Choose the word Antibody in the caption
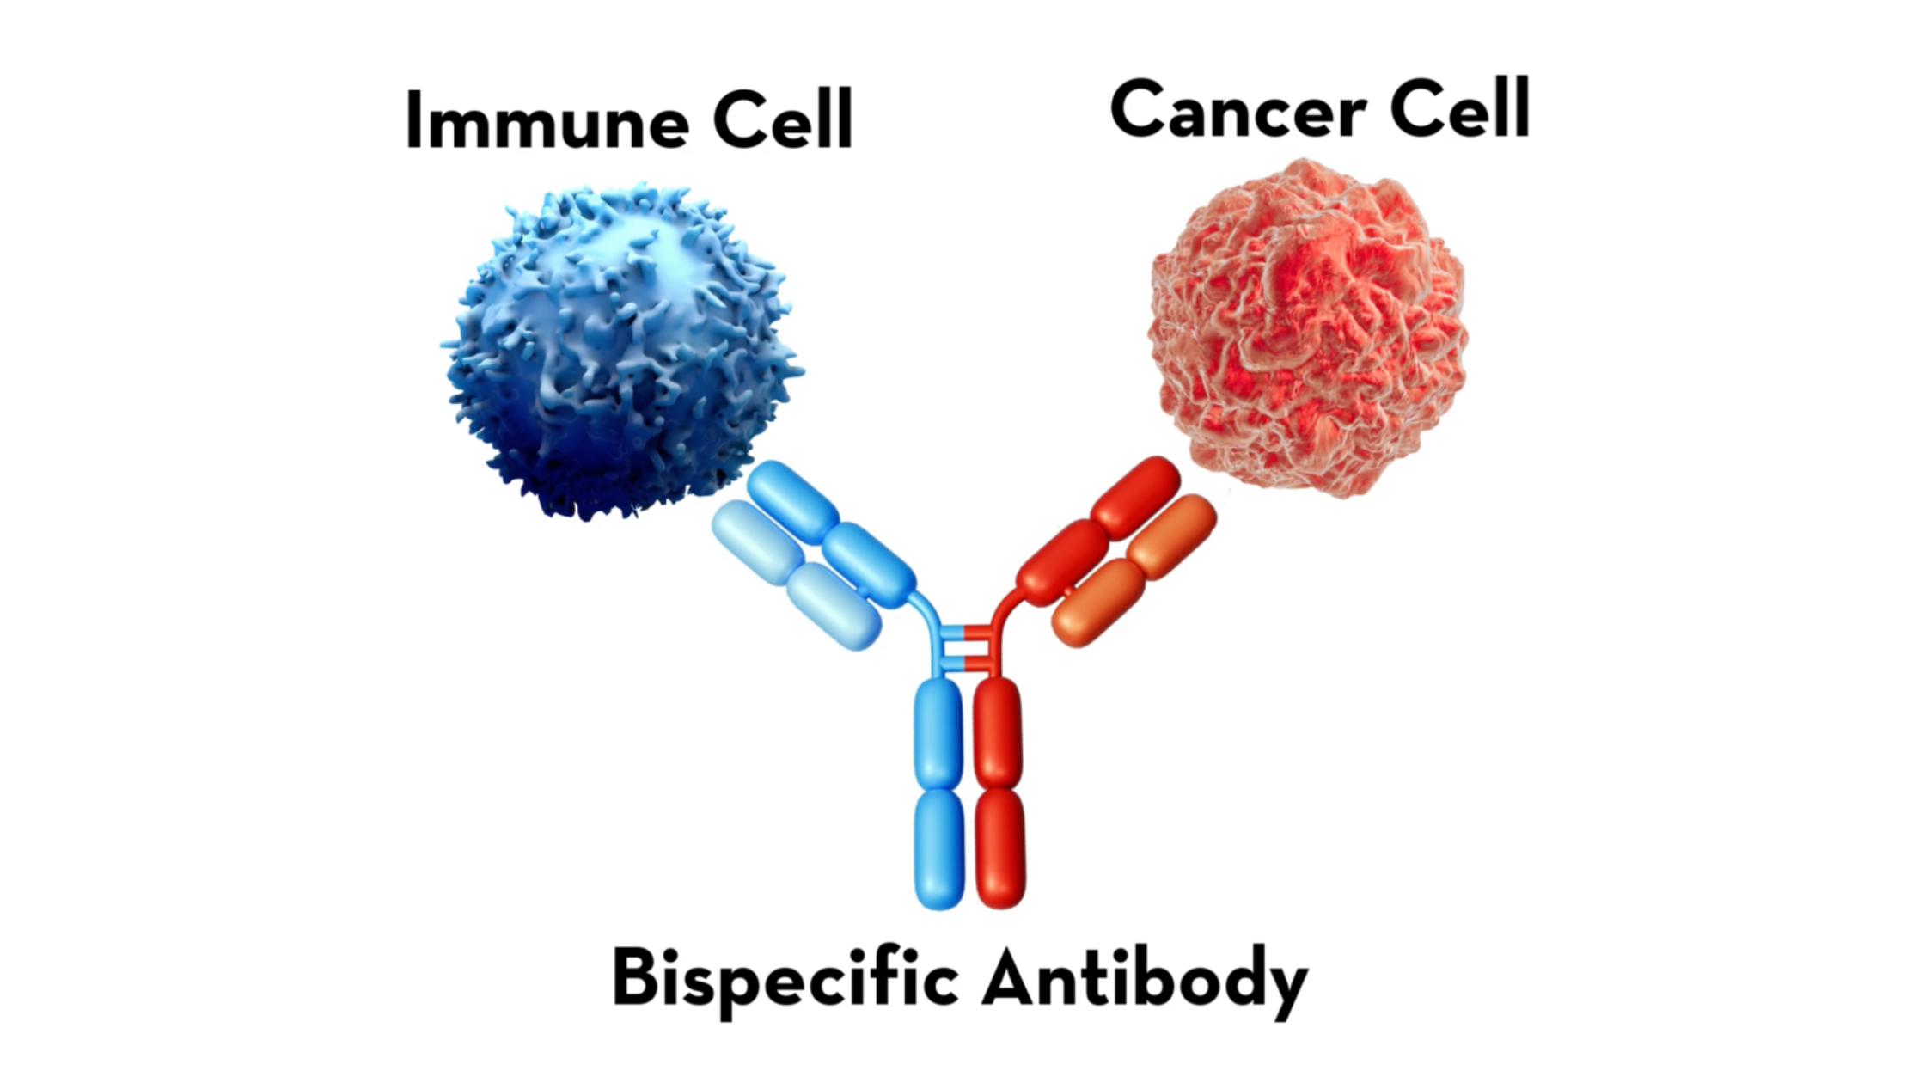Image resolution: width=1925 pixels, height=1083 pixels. [x=1145, y=981]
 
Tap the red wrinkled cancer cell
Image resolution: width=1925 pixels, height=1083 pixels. [x=1308, y=327]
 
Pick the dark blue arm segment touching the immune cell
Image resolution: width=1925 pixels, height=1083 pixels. [x=792, y=501]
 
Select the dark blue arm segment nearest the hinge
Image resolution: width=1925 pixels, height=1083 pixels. [x=869, y=565]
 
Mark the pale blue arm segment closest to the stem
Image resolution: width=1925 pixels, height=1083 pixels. [x=834, y=606]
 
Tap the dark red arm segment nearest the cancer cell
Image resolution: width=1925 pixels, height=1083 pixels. [x=1135, y=497]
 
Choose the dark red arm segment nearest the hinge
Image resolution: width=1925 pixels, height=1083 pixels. [x=1062, y=562]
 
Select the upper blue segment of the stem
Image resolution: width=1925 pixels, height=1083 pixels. [x=938, y=733]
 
